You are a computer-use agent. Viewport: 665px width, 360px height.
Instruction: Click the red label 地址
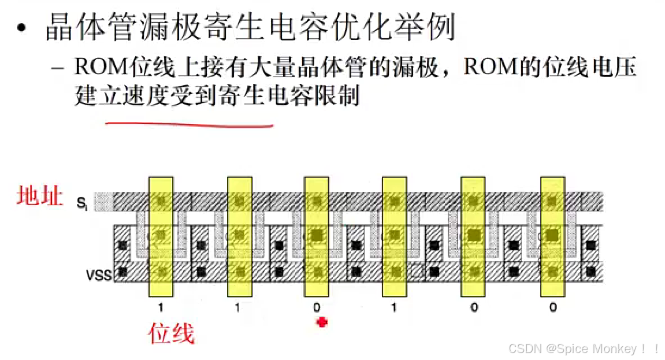click(x=39, y=196)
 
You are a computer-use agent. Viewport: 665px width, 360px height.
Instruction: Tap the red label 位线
click(x=171, y=334)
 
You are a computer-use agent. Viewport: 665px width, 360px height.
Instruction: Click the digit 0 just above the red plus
click(x=317, y=307)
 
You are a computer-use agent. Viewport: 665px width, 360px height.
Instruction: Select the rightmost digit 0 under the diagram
click(x=552, y=307)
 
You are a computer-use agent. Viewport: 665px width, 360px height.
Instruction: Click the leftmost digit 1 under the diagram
click(x=160, y=307)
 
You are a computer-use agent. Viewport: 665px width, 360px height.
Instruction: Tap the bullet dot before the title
click(x=21, y=29)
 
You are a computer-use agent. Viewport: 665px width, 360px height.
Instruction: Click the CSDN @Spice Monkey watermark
click(x=584, y=348)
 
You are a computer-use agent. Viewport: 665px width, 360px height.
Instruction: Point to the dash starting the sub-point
click(x=57, y=69)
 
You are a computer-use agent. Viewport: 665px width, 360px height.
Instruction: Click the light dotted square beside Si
click(x=103, y=202)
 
